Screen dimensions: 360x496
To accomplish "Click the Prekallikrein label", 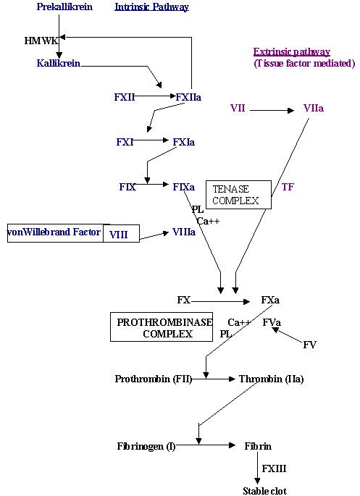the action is (64, 7).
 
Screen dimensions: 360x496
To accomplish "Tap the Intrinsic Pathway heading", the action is (152, 7).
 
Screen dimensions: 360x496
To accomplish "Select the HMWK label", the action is (41, 41).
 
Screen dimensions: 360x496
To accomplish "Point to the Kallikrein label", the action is (59, 63).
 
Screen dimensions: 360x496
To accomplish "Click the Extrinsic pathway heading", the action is (292, 51).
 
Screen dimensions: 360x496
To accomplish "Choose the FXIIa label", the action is (188, 97).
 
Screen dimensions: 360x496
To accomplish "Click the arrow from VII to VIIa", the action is (272, 110).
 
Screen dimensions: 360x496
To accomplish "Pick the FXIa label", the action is (184, 142).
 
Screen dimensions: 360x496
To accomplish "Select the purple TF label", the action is (288, 187).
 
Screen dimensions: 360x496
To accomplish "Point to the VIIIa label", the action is (184, 232).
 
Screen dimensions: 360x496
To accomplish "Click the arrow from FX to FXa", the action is (220, 302).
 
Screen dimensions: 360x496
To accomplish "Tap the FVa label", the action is (272, 322).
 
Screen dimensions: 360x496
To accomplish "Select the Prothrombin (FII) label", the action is (154, 379).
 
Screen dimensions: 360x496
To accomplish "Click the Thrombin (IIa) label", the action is (271, 379).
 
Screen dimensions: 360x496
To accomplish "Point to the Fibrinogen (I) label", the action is (146, 446).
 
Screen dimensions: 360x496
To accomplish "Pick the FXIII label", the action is (274, 468).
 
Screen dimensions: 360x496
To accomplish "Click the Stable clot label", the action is (265, 491).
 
